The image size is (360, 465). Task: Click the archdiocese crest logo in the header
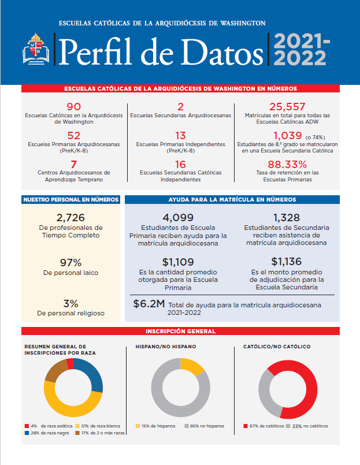point(36,49)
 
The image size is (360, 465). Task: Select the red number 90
point(73,106)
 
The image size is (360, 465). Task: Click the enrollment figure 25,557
point(287,106)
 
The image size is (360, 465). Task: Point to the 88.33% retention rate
point(287,164)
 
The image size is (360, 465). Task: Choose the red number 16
point(180,164)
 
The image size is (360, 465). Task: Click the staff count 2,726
point(70,218)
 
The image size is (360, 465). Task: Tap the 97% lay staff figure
point(70,262)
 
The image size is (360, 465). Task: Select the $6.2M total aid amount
point(149,304)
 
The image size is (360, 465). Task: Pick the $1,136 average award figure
point(287,262)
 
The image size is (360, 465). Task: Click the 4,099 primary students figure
point(178,218)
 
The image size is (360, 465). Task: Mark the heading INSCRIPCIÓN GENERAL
point(180,331)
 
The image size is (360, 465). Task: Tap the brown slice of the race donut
point(55,371)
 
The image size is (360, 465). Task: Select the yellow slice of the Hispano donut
point(191,367)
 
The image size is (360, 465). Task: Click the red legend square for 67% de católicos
point(246,426)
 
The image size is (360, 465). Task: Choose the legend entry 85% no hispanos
point(204,426)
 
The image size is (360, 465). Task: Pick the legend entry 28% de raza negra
point(47,433)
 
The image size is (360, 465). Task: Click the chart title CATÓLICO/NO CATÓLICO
point(277,347)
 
